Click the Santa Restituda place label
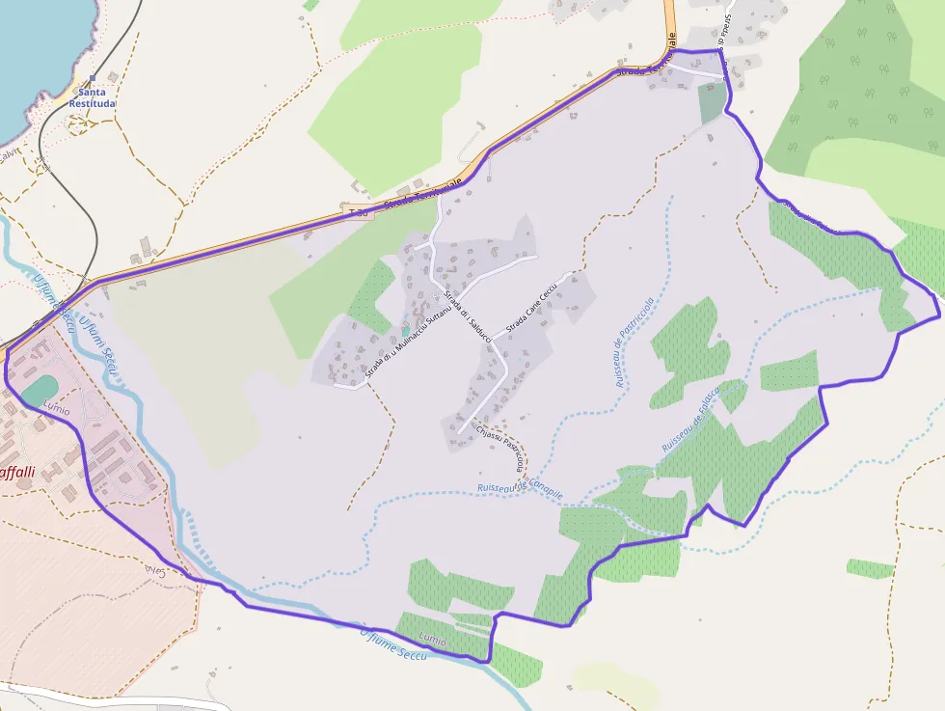coord(93,97)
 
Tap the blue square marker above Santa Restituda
coord(93,79)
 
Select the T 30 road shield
coord(359,210)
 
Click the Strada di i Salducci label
coord(468,315)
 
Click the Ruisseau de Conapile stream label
coord(520,491)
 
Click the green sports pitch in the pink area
coord(39,391)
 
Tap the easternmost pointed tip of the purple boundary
coord(938,315)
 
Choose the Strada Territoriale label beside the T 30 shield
coord(422,192)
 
